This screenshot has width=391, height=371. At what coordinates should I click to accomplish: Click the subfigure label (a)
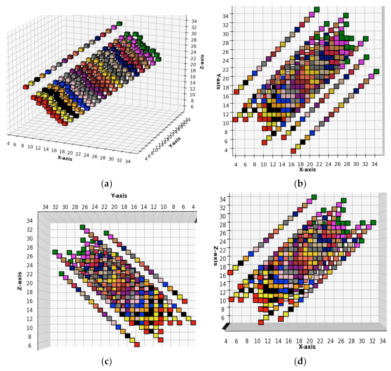(x=106, y=184)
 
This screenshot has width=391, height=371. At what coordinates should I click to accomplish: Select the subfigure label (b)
(x=300, y=184)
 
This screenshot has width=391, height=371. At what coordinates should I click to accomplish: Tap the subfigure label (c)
(x=106, y=362)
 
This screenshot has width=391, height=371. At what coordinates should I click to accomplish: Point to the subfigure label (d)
(x=300, y=362)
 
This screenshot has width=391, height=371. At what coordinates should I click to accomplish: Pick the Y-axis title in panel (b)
(x=218, y=81)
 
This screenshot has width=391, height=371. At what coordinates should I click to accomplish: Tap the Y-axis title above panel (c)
(x=119, y=196)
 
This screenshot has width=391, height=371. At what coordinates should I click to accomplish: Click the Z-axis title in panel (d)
(x=216, y=256)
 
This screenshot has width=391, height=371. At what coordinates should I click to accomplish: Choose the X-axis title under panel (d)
(x=307, y=347)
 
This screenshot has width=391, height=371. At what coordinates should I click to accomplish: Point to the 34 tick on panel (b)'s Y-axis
(x=225, y=16)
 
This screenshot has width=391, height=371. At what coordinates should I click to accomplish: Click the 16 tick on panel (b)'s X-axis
(x=291, y=164)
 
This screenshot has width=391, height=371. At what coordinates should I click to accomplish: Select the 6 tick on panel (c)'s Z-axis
(x=30, y=345)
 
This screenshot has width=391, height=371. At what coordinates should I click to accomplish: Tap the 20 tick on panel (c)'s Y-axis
(x=114, y=207)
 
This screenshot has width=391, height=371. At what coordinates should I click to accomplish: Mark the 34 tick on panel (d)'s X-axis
(x=382, y=341)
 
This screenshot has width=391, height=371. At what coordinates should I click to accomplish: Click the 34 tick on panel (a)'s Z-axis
(x=194, y=21)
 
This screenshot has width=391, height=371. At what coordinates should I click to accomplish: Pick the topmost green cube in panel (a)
(x=119, y=24)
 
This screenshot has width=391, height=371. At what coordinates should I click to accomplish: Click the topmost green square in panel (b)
(x=317, y=10)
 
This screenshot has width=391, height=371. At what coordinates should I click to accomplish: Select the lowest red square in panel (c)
(x=137, y=345)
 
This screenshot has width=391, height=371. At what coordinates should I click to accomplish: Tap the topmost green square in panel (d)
(x=314, y=197)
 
